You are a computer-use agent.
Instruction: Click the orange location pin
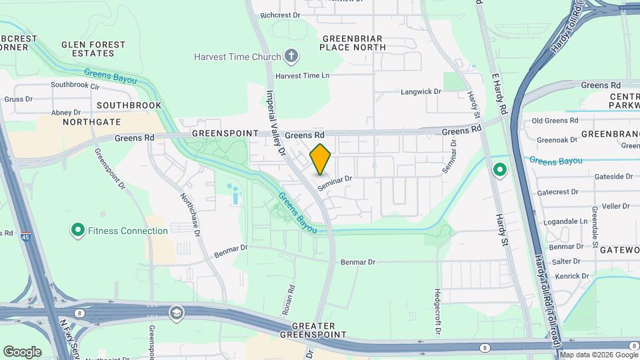[x=321, y=159]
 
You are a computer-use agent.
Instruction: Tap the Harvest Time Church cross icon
[x=291, y=56]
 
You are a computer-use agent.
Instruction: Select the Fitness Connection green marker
[x=77, y=231]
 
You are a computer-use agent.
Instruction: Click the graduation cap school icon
[x=176, y=313]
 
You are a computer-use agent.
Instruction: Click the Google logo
[x=22, y=351]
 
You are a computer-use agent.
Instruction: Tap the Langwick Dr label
[x=421, y=91]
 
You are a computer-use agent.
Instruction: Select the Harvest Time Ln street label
[x=303, y=76]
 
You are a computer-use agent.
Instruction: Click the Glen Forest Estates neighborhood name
[x=93, y=49]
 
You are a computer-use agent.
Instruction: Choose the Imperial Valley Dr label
[x=276, y=123]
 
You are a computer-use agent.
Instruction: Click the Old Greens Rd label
[x=555, y=121]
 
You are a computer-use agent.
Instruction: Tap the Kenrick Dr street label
[x=571, y=276]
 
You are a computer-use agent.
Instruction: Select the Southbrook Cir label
[x=75, y=85]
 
